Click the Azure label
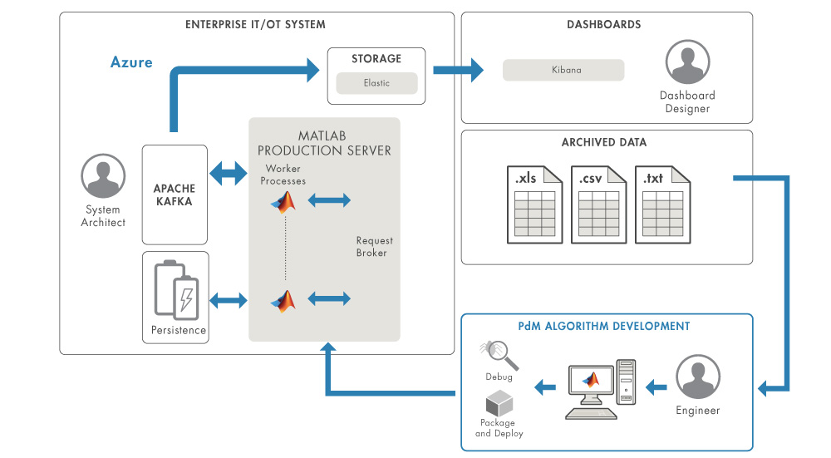click(x=131, y=62)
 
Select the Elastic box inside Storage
click(x=376, y=83)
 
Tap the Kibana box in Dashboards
click(x=563, y=70)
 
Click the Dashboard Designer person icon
click(x=687, y=62)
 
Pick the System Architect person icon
click(x=103, y=176)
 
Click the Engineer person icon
click(x=697, y=377)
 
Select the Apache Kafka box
click(x=175, y=195)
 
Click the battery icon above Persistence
click(x=176, y=289)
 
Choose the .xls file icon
click(x=534, y=204)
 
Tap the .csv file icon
click(x=597, y=204)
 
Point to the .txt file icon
click(x=661, y=204)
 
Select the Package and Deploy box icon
click(x=499, y=405)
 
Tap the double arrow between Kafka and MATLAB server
click(x=229, y=175)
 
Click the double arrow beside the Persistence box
click(x=229, y=300)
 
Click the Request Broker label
click(x=374, y=247)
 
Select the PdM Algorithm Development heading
click(x=607, y=327)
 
